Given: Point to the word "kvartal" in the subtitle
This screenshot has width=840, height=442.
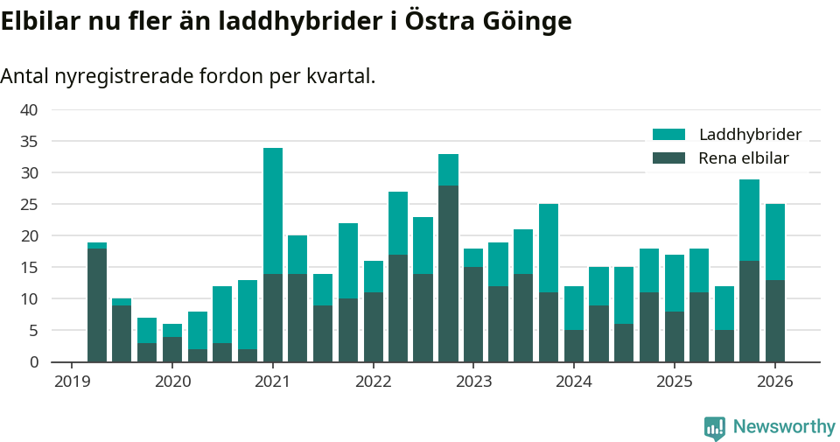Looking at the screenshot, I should [338, 76].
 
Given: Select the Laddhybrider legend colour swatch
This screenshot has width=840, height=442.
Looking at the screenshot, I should [669, 135].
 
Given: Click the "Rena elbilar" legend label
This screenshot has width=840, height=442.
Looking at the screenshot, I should [744, 158].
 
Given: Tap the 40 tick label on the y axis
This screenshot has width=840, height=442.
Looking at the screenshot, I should [29, 110].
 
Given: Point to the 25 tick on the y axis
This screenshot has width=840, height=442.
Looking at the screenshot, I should [29, 205].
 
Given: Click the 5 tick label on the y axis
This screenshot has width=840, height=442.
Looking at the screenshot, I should [33, 331].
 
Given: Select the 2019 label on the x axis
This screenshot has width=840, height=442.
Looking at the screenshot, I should [72, 382].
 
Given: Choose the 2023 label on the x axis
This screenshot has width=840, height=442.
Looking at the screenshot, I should [473, 382].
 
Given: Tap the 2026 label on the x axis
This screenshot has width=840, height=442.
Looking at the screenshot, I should [774, 382].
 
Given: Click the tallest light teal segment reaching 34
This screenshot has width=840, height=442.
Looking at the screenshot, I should [273, 211].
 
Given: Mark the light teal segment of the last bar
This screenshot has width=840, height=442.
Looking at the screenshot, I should [775, 242].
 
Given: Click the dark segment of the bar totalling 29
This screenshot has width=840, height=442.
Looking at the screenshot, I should [749, 311].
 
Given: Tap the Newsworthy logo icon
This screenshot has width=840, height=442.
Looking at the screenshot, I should [715, 427].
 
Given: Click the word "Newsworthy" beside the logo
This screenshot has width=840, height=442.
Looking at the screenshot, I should [784, 427].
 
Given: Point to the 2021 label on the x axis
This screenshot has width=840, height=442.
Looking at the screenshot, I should [272, 382].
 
